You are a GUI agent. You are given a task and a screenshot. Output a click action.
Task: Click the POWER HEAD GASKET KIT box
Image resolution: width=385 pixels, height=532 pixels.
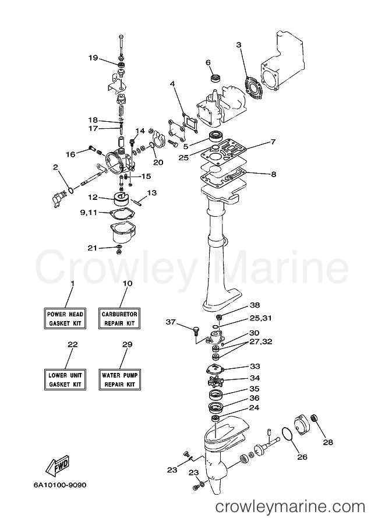pos(65,318)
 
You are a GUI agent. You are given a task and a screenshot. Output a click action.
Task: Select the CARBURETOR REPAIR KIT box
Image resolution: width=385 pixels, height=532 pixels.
pos(119,318)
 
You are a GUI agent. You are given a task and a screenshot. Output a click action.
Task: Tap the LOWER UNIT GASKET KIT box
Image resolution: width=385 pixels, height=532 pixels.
pos(65,379)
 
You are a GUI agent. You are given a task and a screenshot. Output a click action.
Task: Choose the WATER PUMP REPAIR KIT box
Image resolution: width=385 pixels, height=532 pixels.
pos(119,379)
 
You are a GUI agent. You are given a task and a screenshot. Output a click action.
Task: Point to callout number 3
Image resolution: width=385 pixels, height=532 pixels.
pos(239,45)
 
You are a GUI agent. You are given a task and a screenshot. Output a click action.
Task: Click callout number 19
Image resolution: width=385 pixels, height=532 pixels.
pos(93,58)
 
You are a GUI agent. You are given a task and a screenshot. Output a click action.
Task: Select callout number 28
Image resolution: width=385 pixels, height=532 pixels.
pos(328,442)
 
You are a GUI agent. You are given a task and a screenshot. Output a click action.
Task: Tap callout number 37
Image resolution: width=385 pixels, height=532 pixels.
pos(171,322)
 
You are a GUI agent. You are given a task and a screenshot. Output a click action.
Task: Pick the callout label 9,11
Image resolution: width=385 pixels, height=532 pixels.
pos(89,213)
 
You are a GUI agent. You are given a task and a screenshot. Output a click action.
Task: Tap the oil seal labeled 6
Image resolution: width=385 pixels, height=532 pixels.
pos(215,78)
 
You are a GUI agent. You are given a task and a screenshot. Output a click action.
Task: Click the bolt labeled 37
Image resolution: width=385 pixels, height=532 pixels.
pos(196,330)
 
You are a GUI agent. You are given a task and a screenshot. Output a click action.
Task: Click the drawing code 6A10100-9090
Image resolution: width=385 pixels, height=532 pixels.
pos(60,485)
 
